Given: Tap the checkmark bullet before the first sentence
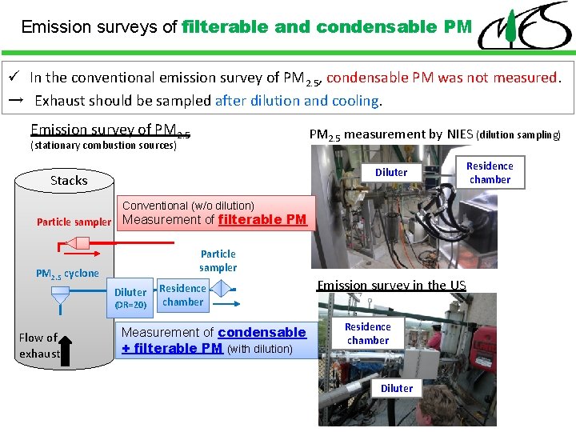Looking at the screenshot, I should (14, 78).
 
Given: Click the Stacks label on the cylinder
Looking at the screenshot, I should (69, 180).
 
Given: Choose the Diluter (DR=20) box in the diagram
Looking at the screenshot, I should (130, 298).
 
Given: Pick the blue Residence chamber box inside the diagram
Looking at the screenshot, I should (182, 295).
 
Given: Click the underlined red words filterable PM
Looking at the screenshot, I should (262, 219).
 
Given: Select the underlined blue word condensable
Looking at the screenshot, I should (262, 332).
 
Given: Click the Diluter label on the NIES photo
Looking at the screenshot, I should (391, 172).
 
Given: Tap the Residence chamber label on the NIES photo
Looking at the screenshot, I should (490, 172).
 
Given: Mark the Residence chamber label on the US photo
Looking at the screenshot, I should (368, 334).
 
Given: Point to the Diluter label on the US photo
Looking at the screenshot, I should (397, 388).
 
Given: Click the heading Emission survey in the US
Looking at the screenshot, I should (391, 286).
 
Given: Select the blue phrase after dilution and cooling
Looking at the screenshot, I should (298, 101).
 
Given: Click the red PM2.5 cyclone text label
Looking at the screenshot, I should (67, 274).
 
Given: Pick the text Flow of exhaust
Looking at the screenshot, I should (38, 345).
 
